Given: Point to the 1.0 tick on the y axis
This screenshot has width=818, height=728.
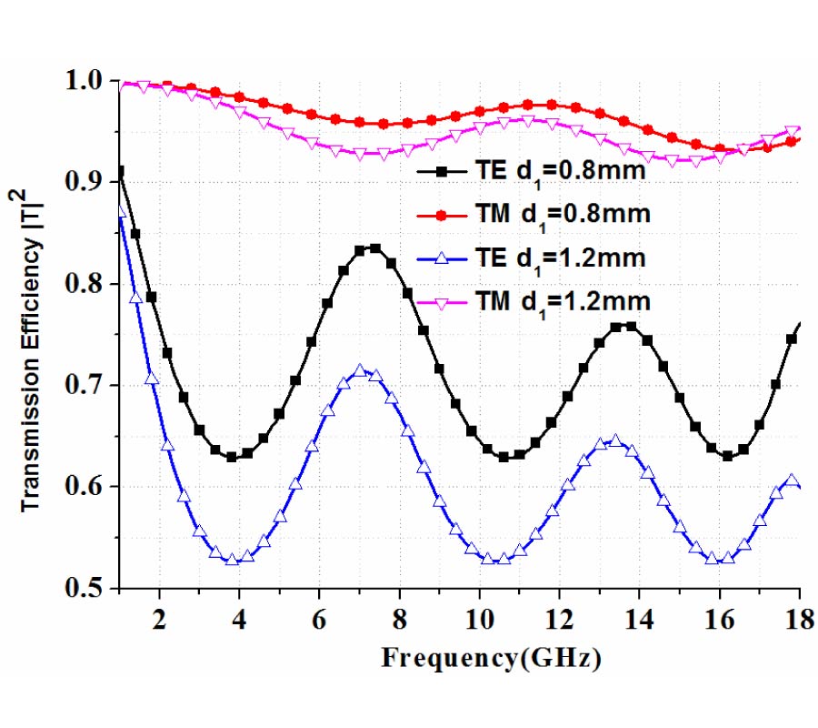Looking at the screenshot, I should [87, 81].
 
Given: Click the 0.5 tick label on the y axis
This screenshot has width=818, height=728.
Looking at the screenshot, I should [87, 589].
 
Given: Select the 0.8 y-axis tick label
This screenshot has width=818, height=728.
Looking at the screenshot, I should [87, 285].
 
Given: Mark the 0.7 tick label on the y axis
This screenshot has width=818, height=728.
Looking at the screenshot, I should [87, 386].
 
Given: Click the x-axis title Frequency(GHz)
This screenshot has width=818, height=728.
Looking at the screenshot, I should [491, 657].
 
